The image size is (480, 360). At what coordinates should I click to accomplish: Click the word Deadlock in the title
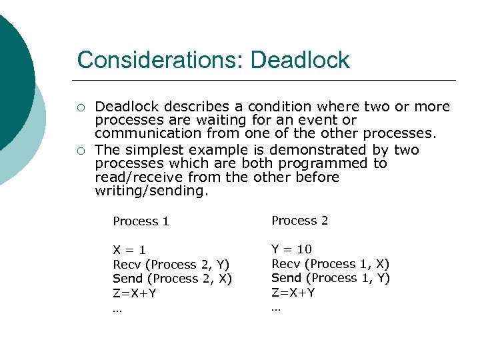tap(300, 60)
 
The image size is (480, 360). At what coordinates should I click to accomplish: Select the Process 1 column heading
tap(141, 221)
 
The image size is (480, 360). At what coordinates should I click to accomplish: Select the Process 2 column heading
tap(299, 221)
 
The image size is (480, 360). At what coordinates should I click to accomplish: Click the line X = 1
tap(129, 251)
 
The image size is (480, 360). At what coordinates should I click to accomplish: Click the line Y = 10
tap(291, 249)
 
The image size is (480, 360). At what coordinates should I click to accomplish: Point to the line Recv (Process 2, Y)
tap(171, 265)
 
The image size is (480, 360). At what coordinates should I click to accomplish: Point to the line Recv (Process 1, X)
tap(330, 264)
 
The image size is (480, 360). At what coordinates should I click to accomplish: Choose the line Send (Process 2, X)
tap(173, 279)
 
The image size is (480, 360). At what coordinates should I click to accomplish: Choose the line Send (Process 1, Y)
tap(331, 278)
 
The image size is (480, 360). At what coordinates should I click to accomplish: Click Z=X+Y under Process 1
tap(135, 293)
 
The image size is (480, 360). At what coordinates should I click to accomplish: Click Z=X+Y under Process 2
tap(293, 292)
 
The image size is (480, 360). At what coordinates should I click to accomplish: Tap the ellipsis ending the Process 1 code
tap(117, 308)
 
